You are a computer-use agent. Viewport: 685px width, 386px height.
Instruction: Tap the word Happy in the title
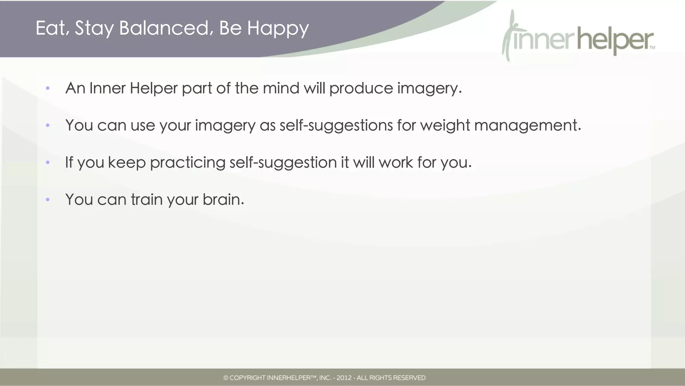(x=278, y=28)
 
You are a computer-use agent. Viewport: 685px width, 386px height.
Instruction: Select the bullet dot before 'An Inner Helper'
(x=48, y=88)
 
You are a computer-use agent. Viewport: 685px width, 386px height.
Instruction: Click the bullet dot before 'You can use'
(x=48, y=126)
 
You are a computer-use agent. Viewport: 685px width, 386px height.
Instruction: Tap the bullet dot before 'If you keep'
(x=48, y=163)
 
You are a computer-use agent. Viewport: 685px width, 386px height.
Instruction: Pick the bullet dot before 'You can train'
(x=48, y=200)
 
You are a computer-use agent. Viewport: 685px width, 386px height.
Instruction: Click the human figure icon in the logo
(x=509, y=35)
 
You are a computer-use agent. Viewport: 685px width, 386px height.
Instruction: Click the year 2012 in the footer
(x=344, y=378)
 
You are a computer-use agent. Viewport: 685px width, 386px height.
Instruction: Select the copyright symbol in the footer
(x=226, y=378)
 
